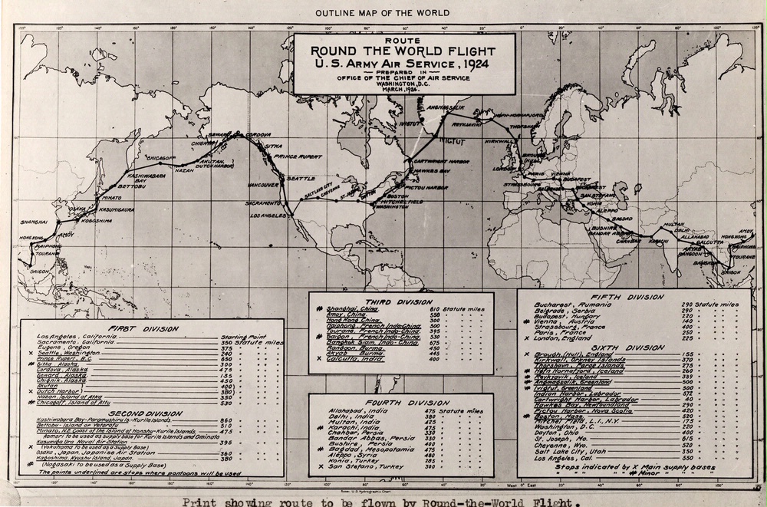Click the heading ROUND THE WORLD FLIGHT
(403, 51)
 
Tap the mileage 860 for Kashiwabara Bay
(225, 421)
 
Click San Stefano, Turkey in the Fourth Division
(354, 466)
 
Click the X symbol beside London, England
(526, 337)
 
